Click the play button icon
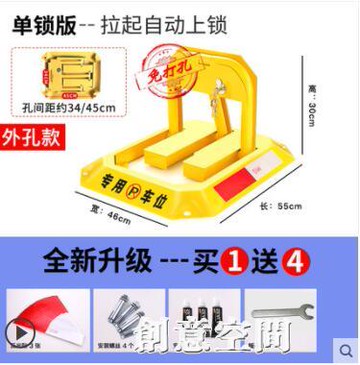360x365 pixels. (x=15, y=330)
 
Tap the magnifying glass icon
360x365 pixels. (x=344, y=349)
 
